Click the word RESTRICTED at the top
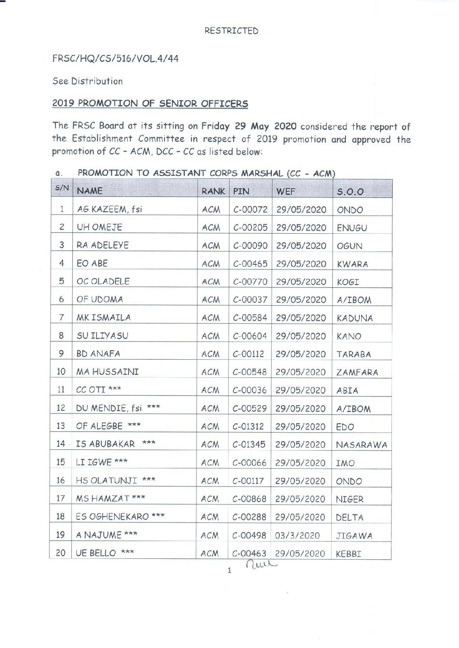[231, 31]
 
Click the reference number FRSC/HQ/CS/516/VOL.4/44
[115, 59]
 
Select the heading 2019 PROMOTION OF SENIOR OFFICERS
[150, 104]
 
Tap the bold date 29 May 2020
[265, 126]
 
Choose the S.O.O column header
[350, 191]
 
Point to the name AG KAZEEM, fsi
[109, 209]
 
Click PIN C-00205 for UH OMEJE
[250, 228]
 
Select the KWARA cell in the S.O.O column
[352, 264]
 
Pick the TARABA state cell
[353, 354]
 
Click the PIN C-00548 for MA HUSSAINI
[249, 372]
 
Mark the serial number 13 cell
[61, 426]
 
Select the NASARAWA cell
[361, 445]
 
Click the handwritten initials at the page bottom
[261, 564]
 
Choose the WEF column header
[286, 191]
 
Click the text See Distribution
[87, 81]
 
